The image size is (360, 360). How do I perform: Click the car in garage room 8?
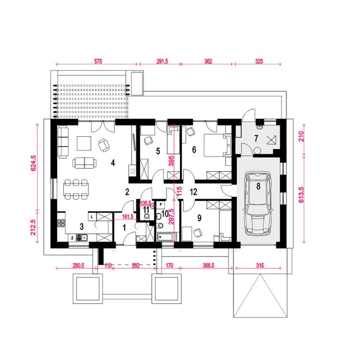(258, 203)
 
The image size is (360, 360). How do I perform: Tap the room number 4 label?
(113, 163)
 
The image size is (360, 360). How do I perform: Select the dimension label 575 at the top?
(98, 61)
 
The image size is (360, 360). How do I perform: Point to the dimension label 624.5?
(33, 163)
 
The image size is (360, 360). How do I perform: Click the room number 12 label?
(194, 191)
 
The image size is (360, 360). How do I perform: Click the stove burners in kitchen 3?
(61, 223)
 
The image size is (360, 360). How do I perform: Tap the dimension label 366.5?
(208, 266)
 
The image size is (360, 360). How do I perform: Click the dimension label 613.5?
(301, 195)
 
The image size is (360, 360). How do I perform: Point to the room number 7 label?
(256, 139)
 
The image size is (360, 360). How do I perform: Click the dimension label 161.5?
(128, 217)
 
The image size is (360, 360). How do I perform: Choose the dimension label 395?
(171, 161)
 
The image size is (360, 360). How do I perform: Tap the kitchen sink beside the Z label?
(82, 238)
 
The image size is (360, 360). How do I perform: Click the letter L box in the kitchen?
(92, 217)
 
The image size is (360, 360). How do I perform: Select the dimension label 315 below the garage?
(260, 266)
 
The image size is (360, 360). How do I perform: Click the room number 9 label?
(199, 218)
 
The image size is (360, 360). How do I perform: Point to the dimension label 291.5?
(163, 61)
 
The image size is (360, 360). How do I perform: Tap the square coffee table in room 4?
(84, 143)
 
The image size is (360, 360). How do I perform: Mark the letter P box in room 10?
(161, 204)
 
